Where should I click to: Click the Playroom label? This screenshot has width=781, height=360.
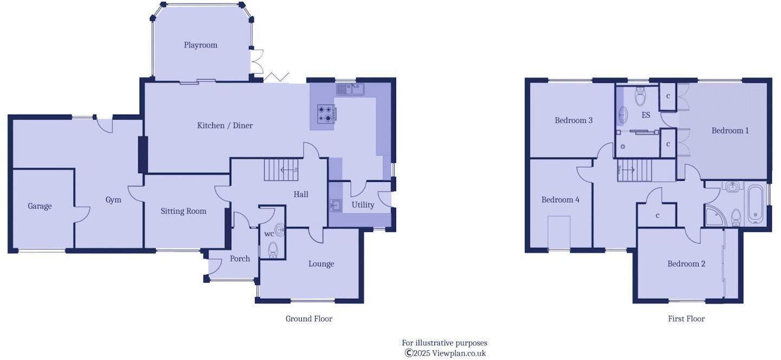click(200, 45)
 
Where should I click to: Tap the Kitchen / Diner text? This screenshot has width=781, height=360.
click(225, 126)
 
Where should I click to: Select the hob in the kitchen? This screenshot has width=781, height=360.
click(326, 113)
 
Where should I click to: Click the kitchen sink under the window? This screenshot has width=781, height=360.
click(350, 89)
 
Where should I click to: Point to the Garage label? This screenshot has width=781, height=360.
click(40, 206)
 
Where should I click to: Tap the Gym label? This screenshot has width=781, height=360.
click(113, 200)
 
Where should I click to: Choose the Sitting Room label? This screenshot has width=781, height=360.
click(184, 211)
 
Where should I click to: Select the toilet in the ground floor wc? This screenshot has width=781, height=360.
click(273, 250)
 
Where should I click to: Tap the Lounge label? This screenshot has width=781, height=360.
click(321, 264)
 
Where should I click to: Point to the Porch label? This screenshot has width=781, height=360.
click(240, 259)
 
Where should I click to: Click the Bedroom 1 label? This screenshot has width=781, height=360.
click(730, 130)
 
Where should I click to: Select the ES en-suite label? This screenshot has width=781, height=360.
click(646, 115)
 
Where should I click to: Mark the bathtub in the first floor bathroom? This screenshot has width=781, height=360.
click(756, 204)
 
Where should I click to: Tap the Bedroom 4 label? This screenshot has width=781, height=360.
click(561, 200)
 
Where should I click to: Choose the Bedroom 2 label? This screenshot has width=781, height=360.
click(686, 264)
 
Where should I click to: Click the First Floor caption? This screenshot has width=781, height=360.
click(686, 319)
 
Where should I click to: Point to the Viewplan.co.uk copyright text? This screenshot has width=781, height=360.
click(445, 353)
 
